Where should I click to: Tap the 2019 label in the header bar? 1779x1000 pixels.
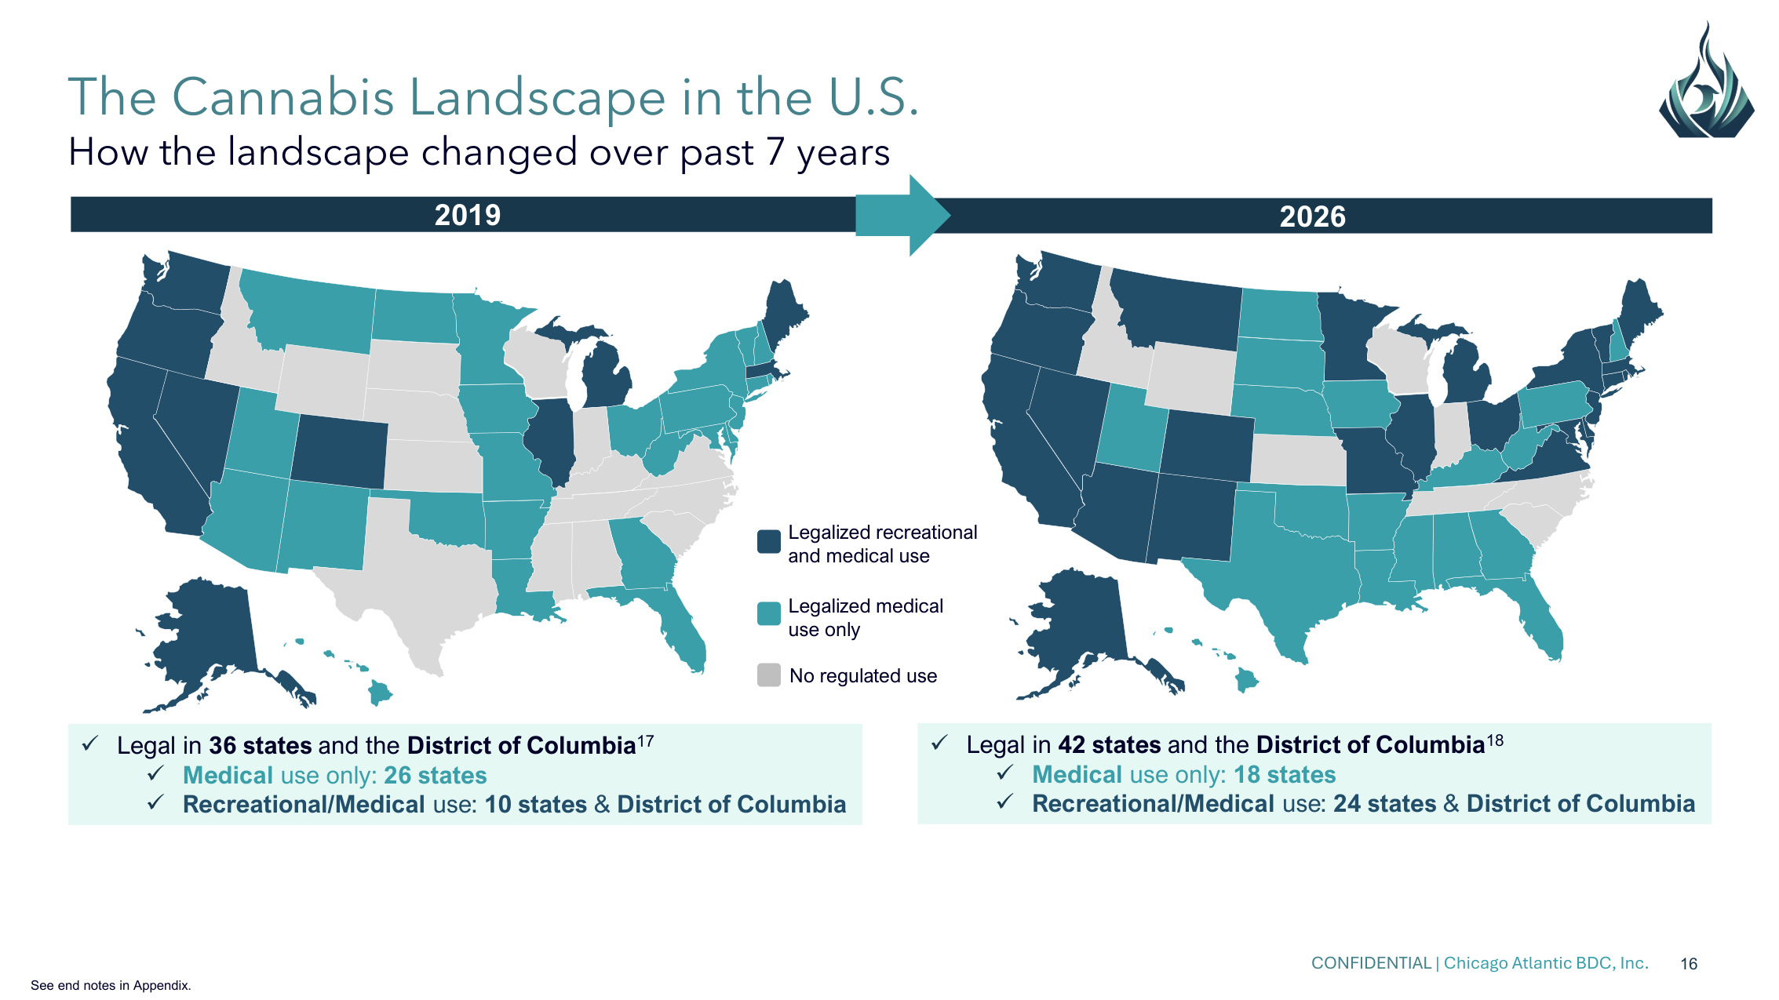point(468,215)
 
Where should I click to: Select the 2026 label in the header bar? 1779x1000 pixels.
point(1312,216)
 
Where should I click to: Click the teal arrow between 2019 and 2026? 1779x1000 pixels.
point(902,215)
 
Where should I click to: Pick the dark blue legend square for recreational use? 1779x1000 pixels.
point(769,541)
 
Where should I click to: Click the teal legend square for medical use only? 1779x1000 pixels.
point(769,613)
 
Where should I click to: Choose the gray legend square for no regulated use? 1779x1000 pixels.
point(769,675)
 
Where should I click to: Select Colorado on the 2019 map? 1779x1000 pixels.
point(339,451)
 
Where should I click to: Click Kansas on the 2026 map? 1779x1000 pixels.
point(1299,460)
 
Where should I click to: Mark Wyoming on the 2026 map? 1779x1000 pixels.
point(1191,378)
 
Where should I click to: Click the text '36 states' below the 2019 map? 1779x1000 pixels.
point(260,745)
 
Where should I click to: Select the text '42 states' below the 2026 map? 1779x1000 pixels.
point(1110,744)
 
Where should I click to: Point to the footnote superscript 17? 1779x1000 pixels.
point(645,740)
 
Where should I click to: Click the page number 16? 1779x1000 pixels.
point(1689,964)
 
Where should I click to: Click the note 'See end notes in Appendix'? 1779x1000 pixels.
point(111,985)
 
